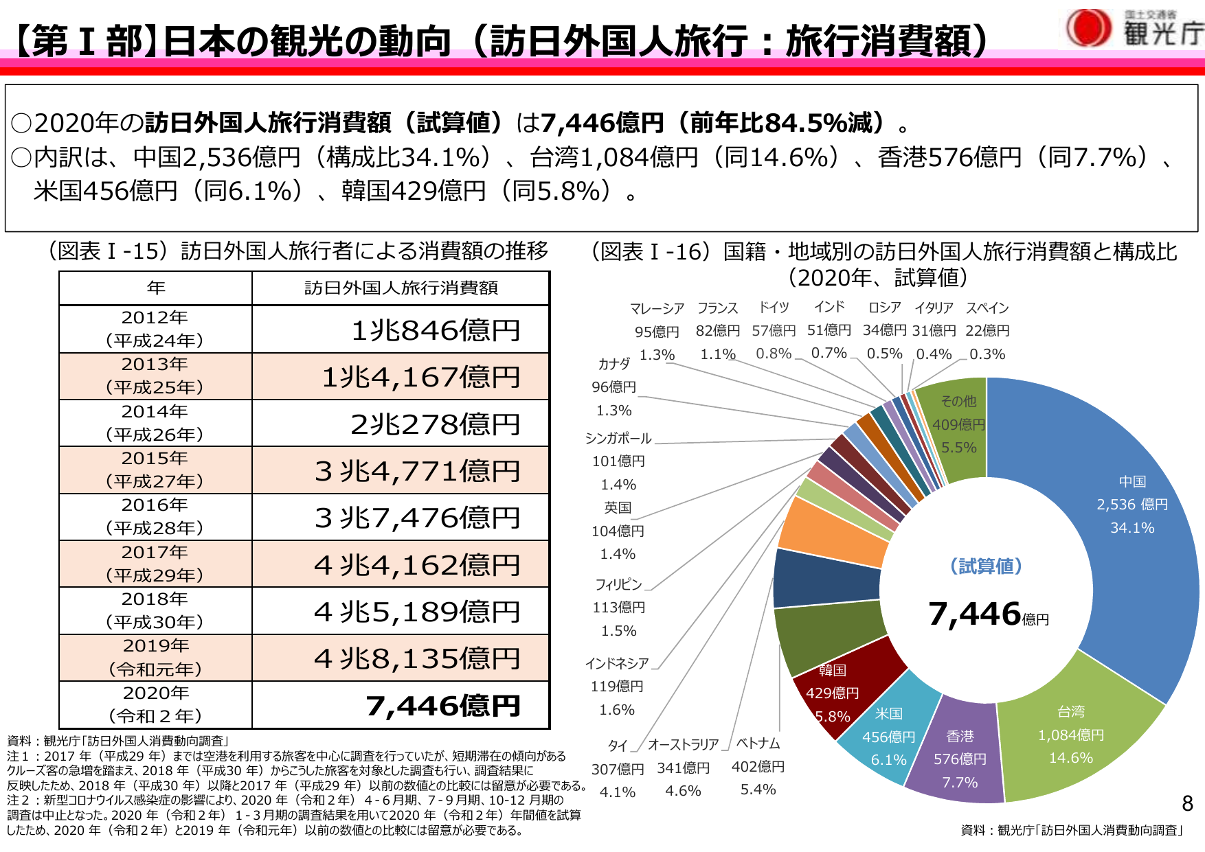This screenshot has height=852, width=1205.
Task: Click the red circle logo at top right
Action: pyautogui.click(x=1088, y=28)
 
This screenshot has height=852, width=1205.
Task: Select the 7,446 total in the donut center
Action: pyautogui.click(x=974, y=614)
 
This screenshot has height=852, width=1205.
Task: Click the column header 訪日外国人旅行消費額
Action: pyautogui.click(x=401, y=288)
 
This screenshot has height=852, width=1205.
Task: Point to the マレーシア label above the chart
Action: pyautogui.click(x=656, y=308)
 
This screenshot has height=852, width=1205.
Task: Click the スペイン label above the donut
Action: pyautogui.click(x=987, y=308)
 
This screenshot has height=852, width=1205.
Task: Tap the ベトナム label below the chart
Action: pyautogui.click(x=758, y=743)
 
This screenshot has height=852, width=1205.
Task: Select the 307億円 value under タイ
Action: pyautogui.click(x=618, y=769)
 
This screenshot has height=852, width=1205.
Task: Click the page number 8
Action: pyautogui.click(x=1187, y=803)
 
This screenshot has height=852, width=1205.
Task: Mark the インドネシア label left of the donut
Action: pyautogui.click(x=617, y=663)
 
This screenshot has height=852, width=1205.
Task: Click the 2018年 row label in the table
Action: pyautogui.click(x=155, y=610)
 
